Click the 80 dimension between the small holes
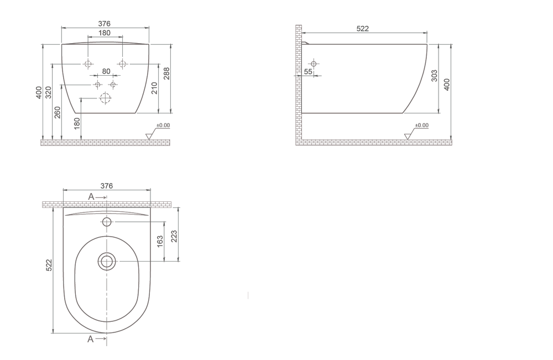click(106, 71)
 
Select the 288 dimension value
click(167, 74)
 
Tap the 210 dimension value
click(154, 88)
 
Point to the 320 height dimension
click(48, 92)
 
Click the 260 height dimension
click(58, 112)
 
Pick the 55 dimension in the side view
click(308, 71)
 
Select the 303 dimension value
click(435, 76)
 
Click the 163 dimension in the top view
click(160, 241)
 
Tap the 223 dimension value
click(174, 236)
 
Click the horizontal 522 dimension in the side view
click(363, 29)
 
